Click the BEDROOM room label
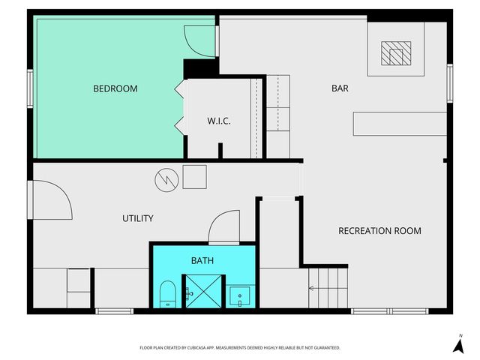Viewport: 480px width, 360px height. pyautogui.click(x=115, y=88)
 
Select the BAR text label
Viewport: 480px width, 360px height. pyautogui.click(x=340, y=88)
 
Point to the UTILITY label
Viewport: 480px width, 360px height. pyautogui.click(x=137, y=218)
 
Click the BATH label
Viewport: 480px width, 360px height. pyautogui.click(x=202, y=261)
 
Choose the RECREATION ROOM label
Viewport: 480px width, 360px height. pyautogui.click(x=379, y=230)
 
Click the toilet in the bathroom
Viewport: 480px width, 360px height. pyautogui.click(x=167, y=293)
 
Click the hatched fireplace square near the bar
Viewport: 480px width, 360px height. pyautogui.click(x=395, y=53)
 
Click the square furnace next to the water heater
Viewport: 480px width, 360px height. pyautogui.click(x=194, y=177)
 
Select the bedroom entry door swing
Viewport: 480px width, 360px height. pyautogui.click(x=199, y=40)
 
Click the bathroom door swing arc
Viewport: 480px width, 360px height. pyautogui.click(x=223, y=226)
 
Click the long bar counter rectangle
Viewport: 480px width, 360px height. pyautogui.click(x=398, y=124)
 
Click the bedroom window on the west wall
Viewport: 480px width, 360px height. pyautogui.click(x=31, y=88)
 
